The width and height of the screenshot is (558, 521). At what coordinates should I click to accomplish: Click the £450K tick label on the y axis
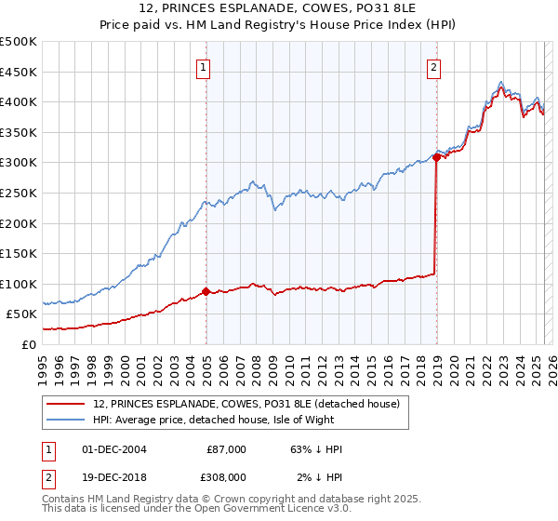click(19, 72)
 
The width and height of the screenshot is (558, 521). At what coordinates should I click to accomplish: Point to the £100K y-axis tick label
click(19, 284)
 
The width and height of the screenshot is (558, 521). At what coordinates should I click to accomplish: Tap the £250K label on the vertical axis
click(19, 193)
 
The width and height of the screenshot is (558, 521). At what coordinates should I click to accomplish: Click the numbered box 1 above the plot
click(203, 66)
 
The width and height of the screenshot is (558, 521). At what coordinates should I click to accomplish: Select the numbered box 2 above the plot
click(434, 66)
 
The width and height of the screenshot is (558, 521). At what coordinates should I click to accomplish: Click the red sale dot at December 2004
click(206, 292)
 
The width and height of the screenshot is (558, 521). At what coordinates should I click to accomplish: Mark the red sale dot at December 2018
click(436, 158)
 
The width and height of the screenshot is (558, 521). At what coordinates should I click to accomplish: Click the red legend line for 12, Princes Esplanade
click(64, 404)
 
